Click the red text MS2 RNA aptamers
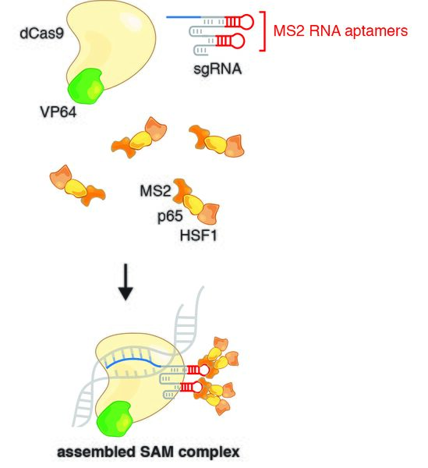[341, 32]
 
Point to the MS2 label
[153, 190]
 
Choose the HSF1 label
[198, 233]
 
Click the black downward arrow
[124, 289]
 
